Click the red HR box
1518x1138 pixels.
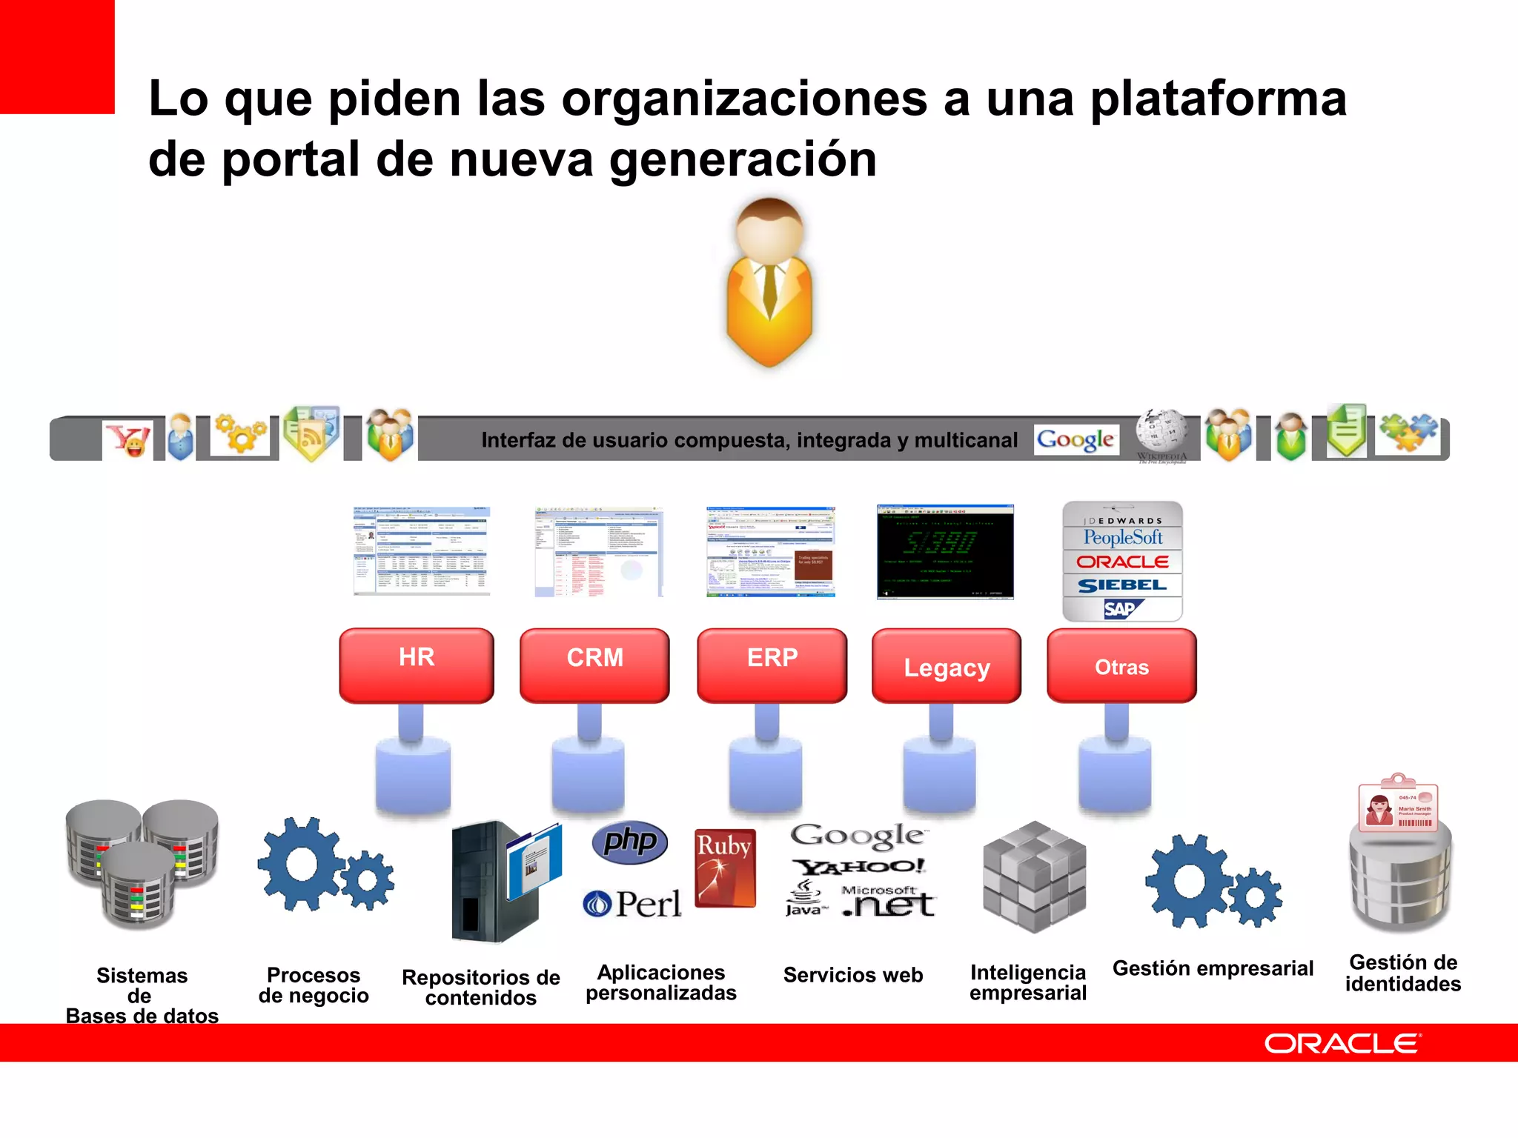pos(417,665)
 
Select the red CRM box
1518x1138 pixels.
pos(594,665)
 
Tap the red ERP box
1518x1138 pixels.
pos(772,665)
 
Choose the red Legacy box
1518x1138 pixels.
pos(947,666)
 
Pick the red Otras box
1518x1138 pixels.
pos(1121,666)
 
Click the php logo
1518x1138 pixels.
pos(630,842)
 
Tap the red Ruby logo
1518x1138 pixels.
pos(725,868)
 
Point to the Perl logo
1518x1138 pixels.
pos(632,903)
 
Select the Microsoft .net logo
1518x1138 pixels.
pos(888,902)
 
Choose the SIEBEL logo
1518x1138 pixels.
pos(1122,585)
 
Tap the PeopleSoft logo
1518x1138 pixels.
pos(1122,537)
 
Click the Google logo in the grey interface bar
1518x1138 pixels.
pos(1075,440)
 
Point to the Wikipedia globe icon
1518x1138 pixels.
pos(1161,430)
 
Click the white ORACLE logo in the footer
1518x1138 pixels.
pos(1342,1043)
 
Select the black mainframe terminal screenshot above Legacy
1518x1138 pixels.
pos(945,551)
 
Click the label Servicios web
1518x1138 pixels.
pos(853,975)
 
